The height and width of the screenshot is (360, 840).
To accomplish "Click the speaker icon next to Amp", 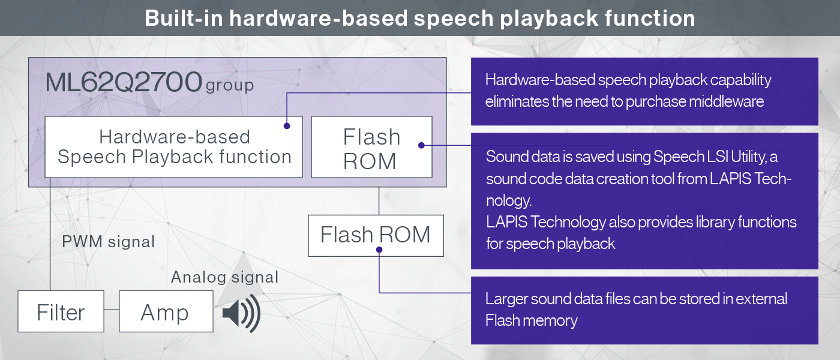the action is (241, 313).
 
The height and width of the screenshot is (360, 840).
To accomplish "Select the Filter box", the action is (61, 311).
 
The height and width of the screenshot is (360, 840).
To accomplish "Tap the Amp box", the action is (166, 311).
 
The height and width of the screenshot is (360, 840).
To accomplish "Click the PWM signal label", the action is (109, 241).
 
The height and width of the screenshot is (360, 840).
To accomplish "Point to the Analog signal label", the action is (224, 277).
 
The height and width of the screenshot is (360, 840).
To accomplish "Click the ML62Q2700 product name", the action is (124, 82).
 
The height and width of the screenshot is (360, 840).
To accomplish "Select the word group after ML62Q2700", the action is (229, 85).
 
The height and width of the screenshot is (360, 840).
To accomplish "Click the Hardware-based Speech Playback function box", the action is (173, 146).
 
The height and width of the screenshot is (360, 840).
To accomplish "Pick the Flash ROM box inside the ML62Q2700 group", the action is (371, 146).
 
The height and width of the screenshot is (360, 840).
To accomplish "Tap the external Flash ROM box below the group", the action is (376, 235).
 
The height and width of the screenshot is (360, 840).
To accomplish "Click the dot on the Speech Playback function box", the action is (287, 126).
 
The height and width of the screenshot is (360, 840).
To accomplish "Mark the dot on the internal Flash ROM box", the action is (421, 145).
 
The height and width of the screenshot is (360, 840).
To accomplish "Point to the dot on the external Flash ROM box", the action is (379, 250).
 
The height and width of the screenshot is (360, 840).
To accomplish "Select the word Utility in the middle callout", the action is (749, 157).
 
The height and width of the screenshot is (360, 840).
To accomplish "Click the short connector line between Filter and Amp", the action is (112, 310).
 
